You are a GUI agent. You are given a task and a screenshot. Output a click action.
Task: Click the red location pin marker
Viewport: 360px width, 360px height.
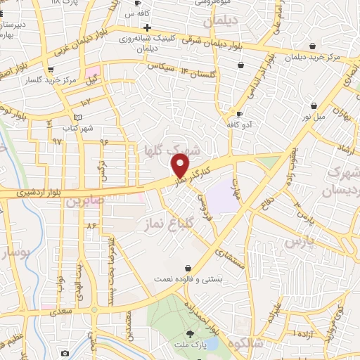pyautogui.click(x=181, y=165)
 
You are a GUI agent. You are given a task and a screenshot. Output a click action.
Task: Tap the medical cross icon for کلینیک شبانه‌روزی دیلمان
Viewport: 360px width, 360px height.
pyautogui.click(x=147, y=27)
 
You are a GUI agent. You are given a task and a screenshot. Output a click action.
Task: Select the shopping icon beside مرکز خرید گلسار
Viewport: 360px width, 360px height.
pyautogui.click(x=51, y=69)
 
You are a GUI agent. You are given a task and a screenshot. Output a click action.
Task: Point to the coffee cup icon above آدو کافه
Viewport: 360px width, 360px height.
pyautogui.click(x=240, y=114)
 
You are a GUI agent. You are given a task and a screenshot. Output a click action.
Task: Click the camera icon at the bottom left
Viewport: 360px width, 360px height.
pyautogui.click(x=65, y=353)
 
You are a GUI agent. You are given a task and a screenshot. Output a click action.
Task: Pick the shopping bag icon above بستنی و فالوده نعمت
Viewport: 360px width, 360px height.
pyautogui.click(x=188, y=268)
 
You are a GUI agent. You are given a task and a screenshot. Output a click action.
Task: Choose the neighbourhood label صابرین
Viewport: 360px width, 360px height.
pyautogui.click(x=84, y=201)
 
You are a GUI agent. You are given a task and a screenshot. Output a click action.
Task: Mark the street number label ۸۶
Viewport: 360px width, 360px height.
pyautogui.click(x=91, y=226)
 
